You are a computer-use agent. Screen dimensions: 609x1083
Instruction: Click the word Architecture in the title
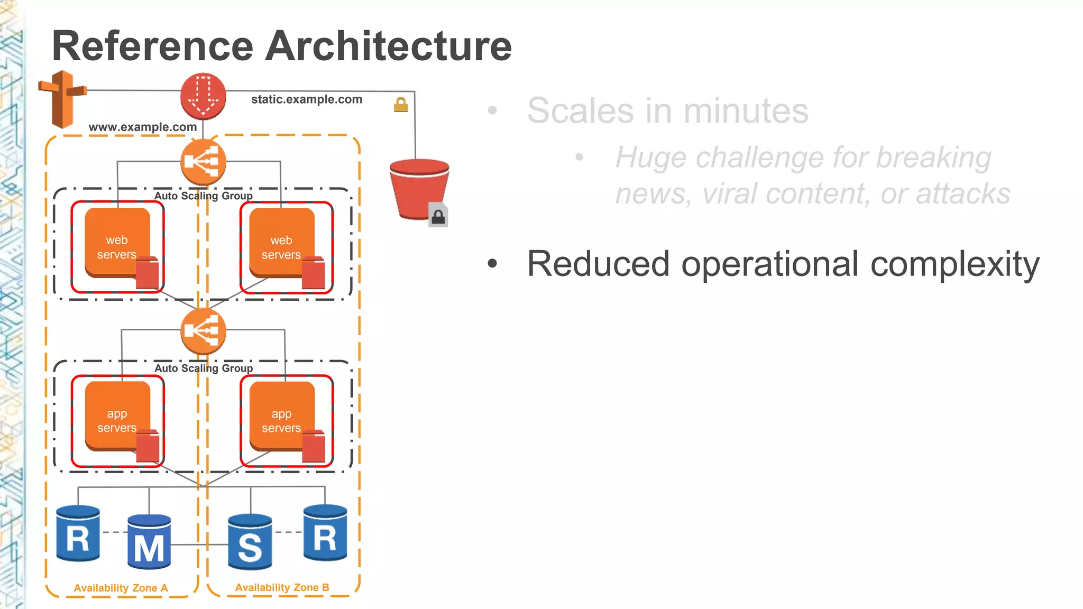tap(388, 47)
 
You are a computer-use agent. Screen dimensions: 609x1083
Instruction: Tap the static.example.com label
tap(306, 99)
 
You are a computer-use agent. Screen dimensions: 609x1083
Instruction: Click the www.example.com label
tap(142, 127)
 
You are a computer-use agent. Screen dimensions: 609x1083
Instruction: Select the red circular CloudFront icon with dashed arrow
tap(203, 96)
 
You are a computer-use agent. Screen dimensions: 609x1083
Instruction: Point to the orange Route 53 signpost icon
tap(62, 99)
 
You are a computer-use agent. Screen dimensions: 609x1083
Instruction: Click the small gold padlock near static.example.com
tap(401, 105)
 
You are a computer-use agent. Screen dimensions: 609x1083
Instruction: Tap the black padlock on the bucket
tap(438, 216)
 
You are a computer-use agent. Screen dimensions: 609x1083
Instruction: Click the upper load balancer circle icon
tap(203, 162)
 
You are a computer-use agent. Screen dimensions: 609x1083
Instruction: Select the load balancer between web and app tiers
tap(203, 331)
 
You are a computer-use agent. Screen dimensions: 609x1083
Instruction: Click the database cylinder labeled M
tap(149, 542)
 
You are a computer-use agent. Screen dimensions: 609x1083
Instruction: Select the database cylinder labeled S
tap(250, 542)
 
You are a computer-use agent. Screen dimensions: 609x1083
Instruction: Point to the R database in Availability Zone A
tap(78, 534)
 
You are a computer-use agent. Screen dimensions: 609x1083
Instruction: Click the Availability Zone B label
tap(282, 587)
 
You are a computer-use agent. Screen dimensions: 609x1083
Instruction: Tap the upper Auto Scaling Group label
tap(204, 196)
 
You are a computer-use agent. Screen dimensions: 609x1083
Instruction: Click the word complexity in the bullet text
tap(954, 264)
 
